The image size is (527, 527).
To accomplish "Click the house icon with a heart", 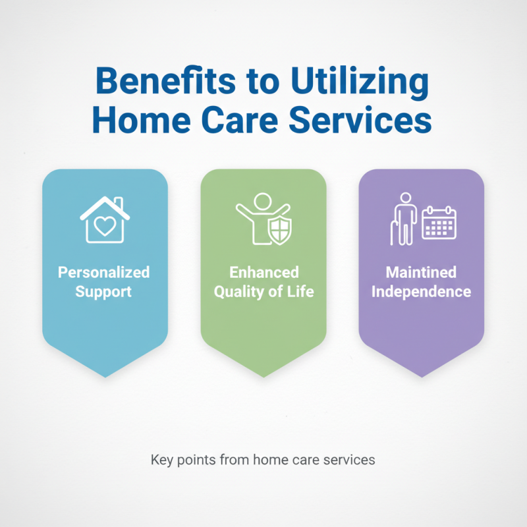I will [105, 219].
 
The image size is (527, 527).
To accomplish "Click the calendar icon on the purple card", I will [439, 223].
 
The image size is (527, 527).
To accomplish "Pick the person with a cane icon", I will [403, 219].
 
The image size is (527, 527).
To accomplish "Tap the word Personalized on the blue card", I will [104, 272].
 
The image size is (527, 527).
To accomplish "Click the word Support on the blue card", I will [104, 291].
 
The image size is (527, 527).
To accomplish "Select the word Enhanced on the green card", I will [263, 272].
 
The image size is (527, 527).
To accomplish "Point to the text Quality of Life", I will [263, 291].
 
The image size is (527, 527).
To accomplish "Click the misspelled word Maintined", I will [422, 272].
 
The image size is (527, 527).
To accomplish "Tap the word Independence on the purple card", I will [422, 291].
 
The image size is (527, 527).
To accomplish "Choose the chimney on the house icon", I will [117, 202].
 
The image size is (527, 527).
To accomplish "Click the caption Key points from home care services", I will [263, 460].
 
